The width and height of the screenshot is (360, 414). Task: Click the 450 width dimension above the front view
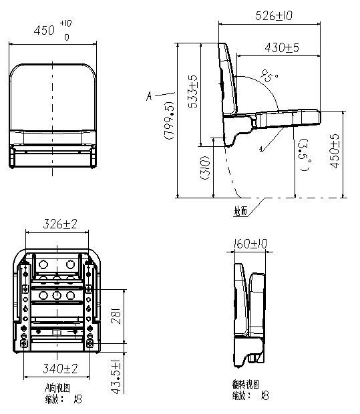coord(45,31)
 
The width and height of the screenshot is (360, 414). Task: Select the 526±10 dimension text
coord(275,15)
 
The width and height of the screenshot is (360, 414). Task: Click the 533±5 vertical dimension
coord(194,93)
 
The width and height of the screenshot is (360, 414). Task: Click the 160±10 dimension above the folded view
coord(250,244)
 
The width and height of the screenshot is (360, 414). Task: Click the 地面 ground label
coord(240,211)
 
